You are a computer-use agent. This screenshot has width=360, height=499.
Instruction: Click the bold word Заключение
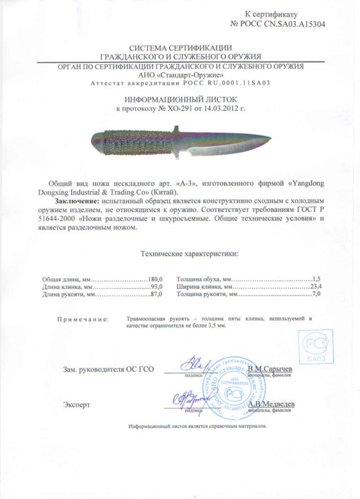[75, 203]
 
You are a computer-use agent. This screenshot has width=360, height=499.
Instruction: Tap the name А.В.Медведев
[271, 404]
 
